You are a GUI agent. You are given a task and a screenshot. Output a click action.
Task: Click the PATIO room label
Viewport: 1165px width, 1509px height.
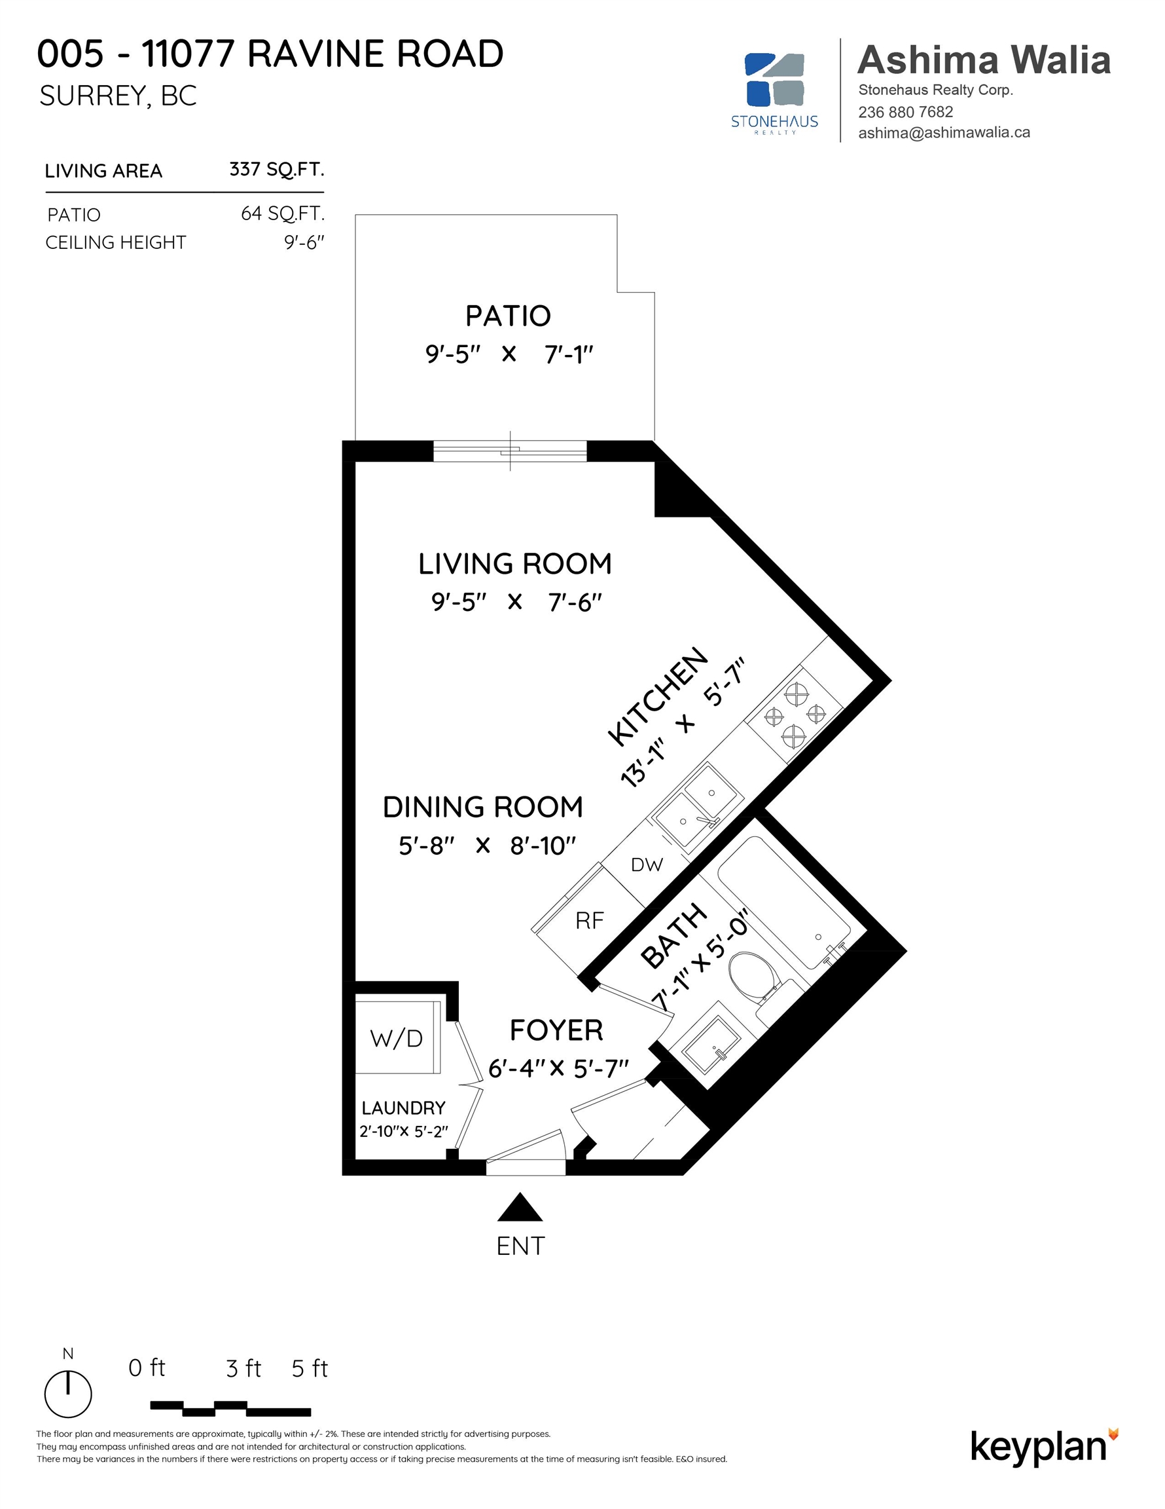[508, 316]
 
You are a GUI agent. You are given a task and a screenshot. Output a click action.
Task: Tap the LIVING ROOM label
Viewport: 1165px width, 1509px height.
[514, 564]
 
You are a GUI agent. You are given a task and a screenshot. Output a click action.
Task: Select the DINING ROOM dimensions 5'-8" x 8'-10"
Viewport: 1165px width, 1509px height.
[487, 845]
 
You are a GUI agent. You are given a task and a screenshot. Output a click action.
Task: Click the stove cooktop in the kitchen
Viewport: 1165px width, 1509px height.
[794, 715]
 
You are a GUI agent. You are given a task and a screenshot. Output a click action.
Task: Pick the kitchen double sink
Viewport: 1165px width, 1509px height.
[698, 805]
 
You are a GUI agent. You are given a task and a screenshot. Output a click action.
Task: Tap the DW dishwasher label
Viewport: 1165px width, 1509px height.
[647, 865]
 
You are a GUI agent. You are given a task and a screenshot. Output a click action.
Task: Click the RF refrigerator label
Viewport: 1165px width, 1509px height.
[590, 920]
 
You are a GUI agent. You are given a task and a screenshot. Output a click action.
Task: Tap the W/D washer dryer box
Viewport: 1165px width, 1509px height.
[397, 1037]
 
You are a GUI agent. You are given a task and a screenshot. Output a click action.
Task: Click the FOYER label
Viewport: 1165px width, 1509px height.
[556, 1030]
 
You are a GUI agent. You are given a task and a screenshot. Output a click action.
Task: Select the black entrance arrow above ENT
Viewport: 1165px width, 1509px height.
[520, 1207]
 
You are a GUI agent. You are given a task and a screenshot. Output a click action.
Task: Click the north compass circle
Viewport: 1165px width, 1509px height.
[67, 1394]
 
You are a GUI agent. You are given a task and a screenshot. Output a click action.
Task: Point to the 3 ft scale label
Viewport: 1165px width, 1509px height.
[243, 1369]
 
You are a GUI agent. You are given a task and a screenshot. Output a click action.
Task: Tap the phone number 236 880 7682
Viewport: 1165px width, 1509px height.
[905, 112]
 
